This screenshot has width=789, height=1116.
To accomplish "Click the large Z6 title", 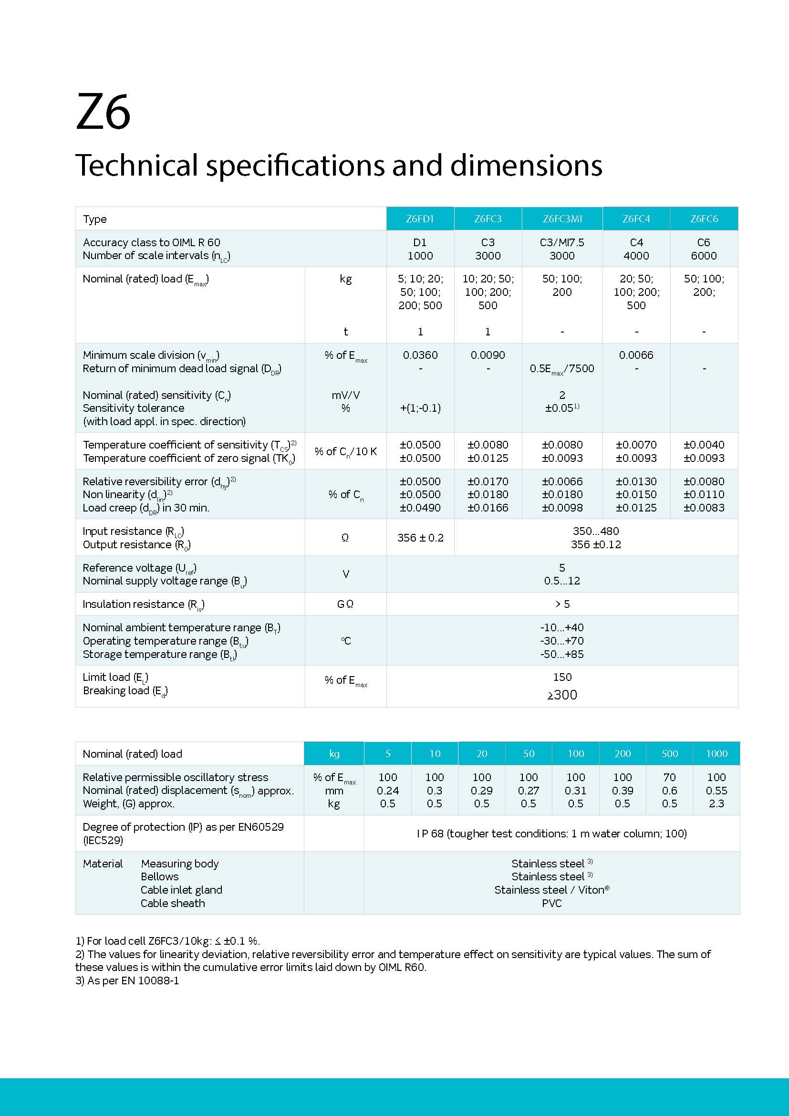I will [103, 112].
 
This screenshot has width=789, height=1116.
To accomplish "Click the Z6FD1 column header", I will [420, 219].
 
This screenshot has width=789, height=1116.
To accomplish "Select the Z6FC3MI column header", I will [562, 219].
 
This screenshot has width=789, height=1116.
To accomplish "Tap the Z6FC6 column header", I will [704, 219].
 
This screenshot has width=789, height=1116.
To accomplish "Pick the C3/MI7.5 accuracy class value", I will [562, 242].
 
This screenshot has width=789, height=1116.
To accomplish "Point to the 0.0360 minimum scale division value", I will [420, 355].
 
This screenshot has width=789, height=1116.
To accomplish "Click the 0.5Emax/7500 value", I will [562, 368].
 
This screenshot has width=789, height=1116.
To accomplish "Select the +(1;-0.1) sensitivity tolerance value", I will [420, 408].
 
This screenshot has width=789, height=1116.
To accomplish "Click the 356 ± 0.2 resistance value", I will [420, 538].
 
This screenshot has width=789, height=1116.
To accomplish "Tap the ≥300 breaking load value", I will [562, 695].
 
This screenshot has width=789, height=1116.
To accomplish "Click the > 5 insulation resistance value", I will [562, 604].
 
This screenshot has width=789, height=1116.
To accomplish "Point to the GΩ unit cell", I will [345, 604].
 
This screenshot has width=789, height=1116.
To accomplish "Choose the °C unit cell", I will [345, 641].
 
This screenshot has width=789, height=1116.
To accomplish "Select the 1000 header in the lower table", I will [716, 753].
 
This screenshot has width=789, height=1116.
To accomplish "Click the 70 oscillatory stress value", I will [669, 777].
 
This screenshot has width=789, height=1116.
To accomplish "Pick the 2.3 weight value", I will [716, 803].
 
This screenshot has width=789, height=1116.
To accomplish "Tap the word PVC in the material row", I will [551, 903].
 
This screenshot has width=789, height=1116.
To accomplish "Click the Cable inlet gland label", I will [181, 889].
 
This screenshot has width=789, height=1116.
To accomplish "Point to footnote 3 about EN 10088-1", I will [127, 980].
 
